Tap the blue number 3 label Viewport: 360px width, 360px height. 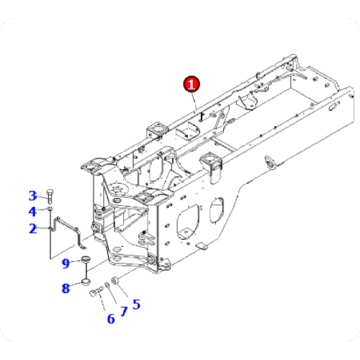tap(32, 195)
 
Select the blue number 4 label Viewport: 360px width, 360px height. tap(32, 212)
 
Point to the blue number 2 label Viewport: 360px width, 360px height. tap(32, 229)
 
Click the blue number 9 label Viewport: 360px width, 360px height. tap(66, 264)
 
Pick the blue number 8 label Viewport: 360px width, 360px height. tap(66, 289)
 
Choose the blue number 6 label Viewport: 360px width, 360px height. tap(111, 318)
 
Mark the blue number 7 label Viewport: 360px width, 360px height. tap(124, 311)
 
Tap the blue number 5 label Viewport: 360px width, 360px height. tap(136, 304)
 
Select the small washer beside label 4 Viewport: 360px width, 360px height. tap(50, 209)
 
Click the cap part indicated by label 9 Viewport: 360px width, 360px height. tap(85, 261)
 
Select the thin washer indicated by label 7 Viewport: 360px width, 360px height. tap(107, 286)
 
